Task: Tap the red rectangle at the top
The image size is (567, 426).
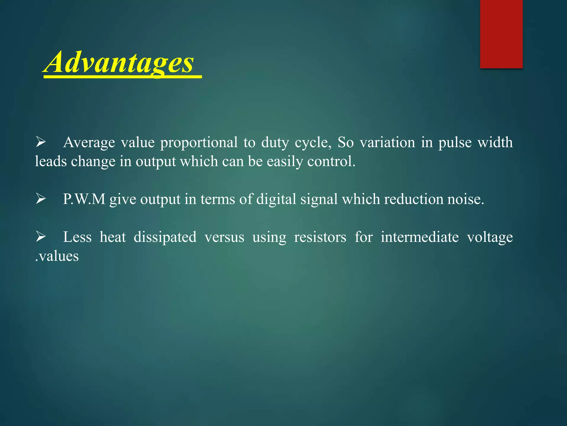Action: click(501, 34)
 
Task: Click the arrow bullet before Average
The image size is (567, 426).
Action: click(41, 142)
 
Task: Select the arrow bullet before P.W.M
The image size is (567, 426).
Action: click(41, 199)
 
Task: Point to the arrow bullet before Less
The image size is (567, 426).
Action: click(41, 237)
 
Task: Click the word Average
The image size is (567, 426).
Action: click(89, 143)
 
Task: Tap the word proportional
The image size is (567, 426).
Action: click(199, 143)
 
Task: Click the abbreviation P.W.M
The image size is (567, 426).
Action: click(84, 199)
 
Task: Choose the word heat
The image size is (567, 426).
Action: click(113, 237)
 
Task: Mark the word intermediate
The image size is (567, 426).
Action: click(419, 237)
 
